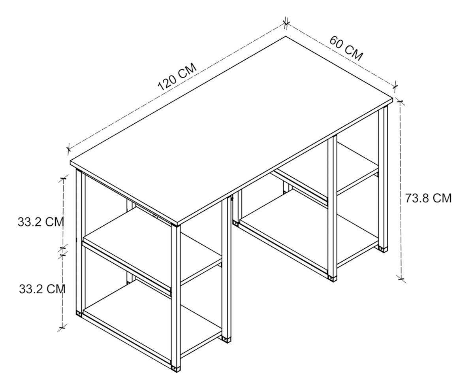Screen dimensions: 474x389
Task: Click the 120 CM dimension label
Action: pos(177,77)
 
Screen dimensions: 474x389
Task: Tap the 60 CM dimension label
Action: pos(346,48)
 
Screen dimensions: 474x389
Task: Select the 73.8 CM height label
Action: pos(428,198)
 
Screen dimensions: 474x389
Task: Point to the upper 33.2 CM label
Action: pos(41,222)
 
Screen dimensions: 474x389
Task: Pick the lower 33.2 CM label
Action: pos(42,289)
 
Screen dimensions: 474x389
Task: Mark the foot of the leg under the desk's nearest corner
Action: pos(176,369)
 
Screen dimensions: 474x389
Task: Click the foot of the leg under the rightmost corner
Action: pos(384,249)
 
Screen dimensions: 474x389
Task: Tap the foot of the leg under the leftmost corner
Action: pos(79,313)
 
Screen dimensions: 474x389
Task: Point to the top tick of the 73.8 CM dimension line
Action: pos(400,102)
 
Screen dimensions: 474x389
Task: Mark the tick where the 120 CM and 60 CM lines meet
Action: pos(286,23)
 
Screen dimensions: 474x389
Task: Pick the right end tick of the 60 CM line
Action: pos(395,86)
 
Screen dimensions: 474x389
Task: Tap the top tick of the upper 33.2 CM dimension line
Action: pos(63,178)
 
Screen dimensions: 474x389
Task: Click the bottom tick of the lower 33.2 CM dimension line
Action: pos(62,328)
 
